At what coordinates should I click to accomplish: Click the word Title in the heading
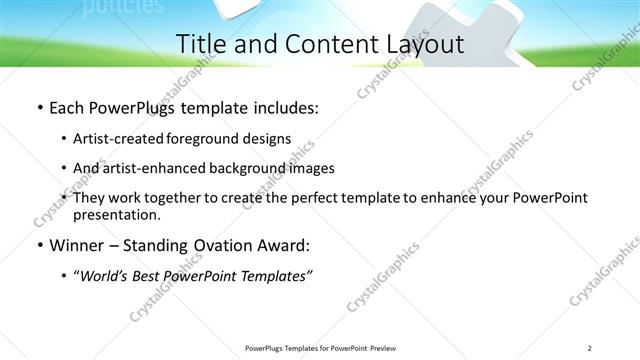tap(198, 44)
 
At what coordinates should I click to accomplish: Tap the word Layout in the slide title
tap(419, 44)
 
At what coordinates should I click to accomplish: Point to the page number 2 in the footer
tap(589, 348)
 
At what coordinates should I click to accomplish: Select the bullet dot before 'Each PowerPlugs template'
tap(39, 107)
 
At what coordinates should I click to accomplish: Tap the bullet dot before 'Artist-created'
tap(64, 138)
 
